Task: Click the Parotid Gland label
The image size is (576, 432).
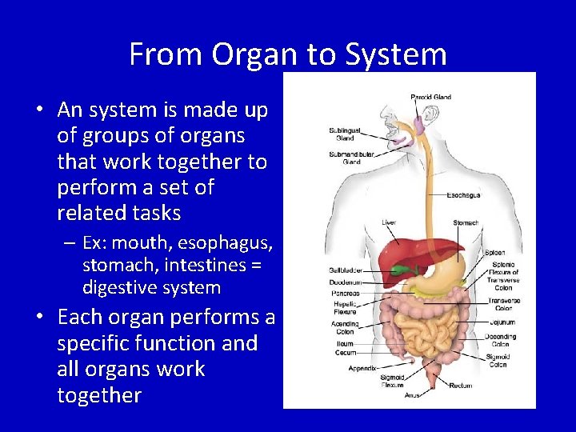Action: click(431, 98)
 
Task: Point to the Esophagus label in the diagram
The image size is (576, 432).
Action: click(463, 194)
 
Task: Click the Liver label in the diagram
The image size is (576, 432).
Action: click(388, 222)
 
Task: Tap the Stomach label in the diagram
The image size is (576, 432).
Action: click(466, 222)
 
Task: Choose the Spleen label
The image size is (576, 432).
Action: click(495, 253)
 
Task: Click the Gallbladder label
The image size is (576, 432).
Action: click(346, 270)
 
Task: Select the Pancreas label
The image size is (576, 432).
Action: click(345, 294)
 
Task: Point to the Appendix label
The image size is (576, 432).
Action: click(362, 369)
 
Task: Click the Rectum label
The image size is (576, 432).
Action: click(462, 385)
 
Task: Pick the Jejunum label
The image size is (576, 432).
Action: click(502, 322)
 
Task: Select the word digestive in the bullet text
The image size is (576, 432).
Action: click(118, 287)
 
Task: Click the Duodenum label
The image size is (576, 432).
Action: click(346, 282)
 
